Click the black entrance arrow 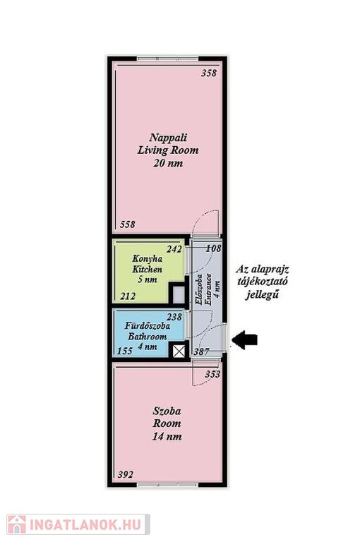click(244, 339)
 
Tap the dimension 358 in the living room click(209, 73)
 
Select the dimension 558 click(128, 224)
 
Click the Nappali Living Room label click(168, 150)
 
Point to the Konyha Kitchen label click(148, 269)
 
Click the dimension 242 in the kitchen click(174, 249)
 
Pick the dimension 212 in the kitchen click(128, 296)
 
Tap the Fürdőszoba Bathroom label click(148, 336)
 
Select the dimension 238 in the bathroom click(174, 317)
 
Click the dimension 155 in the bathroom click(125, 351)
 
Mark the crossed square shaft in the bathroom click(179, 351)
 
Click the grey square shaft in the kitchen click(179, 294)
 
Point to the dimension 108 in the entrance click(213, 248)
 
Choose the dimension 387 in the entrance click(201, 352)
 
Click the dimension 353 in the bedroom click(212, 374)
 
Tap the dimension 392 click(125, 474)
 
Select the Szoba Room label click(167, 423)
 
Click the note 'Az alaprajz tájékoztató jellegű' click(263, 282)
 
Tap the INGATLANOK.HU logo click(78, 524)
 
